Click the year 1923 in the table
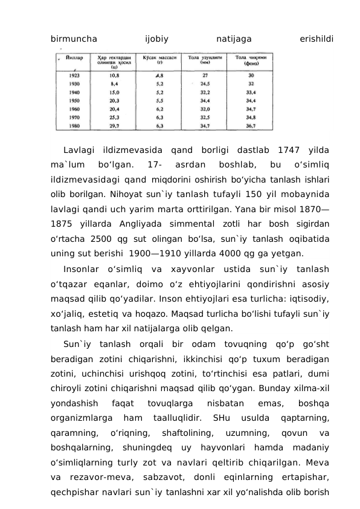coord(75,76)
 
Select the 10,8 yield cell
coord(114,76)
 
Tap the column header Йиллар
coord(74,59)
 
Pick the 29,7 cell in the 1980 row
coord(114,126)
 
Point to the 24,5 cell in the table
coord(205,84)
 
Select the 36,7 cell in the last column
coord(251,126)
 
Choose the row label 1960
coord(75,109)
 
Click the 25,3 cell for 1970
coord(114,118)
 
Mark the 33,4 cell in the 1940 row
coord(251,92)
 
